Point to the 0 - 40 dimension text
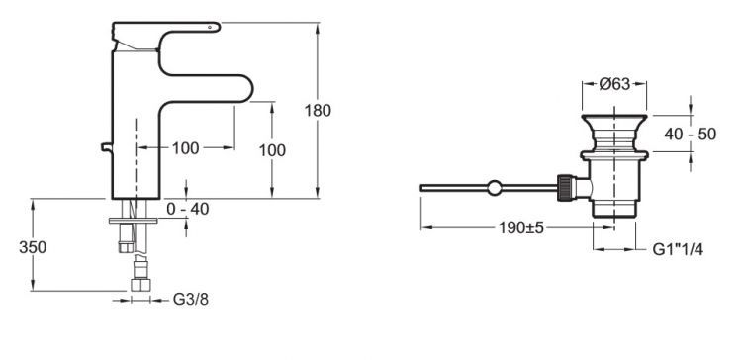[x=188, y=209]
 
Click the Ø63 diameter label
[x=615, y=84]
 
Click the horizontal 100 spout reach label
[x=185, y=148]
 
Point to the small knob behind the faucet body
[x=106, y=149]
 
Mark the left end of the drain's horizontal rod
[x=422, y=186]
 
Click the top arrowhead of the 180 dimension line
[x=317, y=27]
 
